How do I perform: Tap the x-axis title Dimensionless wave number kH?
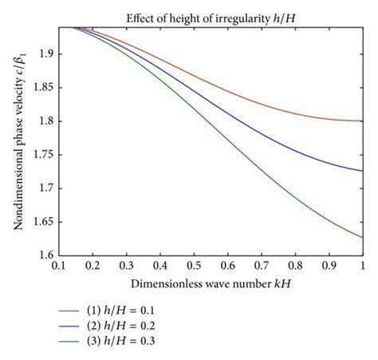[211, 283]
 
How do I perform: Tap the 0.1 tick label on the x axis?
[58, 264]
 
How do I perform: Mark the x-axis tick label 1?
[363, 264]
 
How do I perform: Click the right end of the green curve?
[363, 237]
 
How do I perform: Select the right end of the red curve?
[363, 121]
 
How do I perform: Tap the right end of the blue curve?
[363, 170]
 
